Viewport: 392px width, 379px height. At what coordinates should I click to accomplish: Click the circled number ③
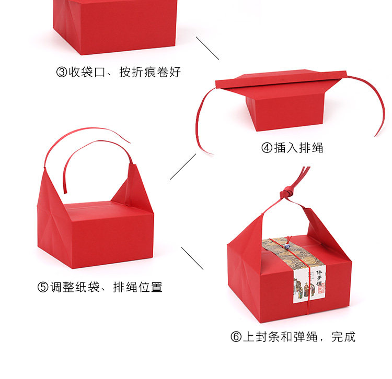pos(62,72)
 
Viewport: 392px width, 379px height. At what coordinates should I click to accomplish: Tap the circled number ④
pos(267,148)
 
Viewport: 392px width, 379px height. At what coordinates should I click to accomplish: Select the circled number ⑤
pos(43,287)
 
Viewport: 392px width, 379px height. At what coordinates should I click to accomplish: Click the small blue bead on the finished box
pos(287,241)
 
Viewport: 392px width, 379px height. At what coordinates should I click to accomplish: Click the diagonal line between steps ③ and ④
pos(207,48)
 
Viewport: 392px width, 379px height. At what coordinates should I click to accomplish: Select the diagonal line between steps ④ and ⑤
pos(182,167)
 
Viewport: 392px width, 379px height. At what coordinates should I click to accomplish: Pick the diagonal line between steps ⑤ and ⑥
pos(192,258)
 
